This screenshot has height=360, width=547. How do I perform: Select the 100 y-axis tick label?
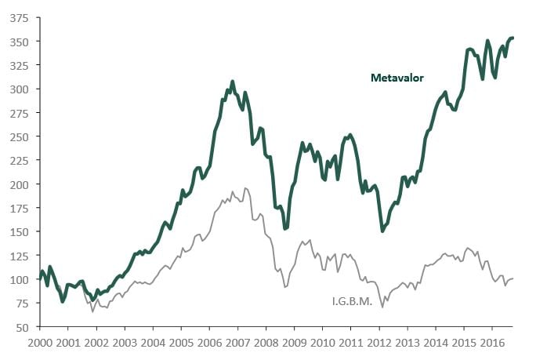pyautogui.click(x=18, y=280)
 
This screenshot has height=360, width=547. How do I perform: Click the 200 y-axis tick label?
pyautogui.click(x=18, y=184)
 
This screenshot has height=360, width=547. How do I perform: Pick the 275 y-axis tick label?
pyautogui.click(x=18, y=113)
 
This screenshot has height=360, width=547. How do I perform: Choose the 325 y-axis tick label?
pyautogui.click(x=18, y=65)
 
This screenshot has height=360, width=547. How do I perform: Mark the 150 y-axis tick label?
pyautogui.click(x=18, y=232)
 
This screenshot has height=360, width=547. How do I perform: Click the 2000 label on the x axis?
pyautogui.click(x=39, y=343)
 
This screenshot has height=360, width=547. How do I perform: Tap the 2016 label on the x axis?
pyautogui.click(x=492, y=343)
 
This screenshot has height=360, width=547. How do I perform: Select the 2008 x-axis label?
pyautogui.click(x=266, y=343)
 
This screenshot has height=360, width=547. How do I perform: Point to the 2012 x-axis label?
pyautogui.click(x=379, y=343)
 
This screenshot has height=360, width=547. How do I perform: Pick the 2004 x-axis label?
pyautogui.click(x=152, y=343)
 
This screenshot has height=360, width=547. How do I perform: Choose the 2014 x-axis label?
pyautogui.click(x=436, y=343)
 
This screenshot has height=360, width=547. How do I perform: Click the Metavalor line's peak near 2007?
pyautogui.click(x=233, y=81)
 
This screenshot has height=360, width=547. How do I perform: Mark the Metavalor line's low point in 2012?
pyautogui.click(x=382, y=231)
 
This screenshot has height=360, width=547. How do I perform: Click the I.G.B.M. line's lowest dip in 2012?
pyautogui.click(x=382, y=307)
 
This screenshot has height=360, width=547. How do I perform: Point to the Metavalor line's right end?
pyautogui.click(x=513, y=38)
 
